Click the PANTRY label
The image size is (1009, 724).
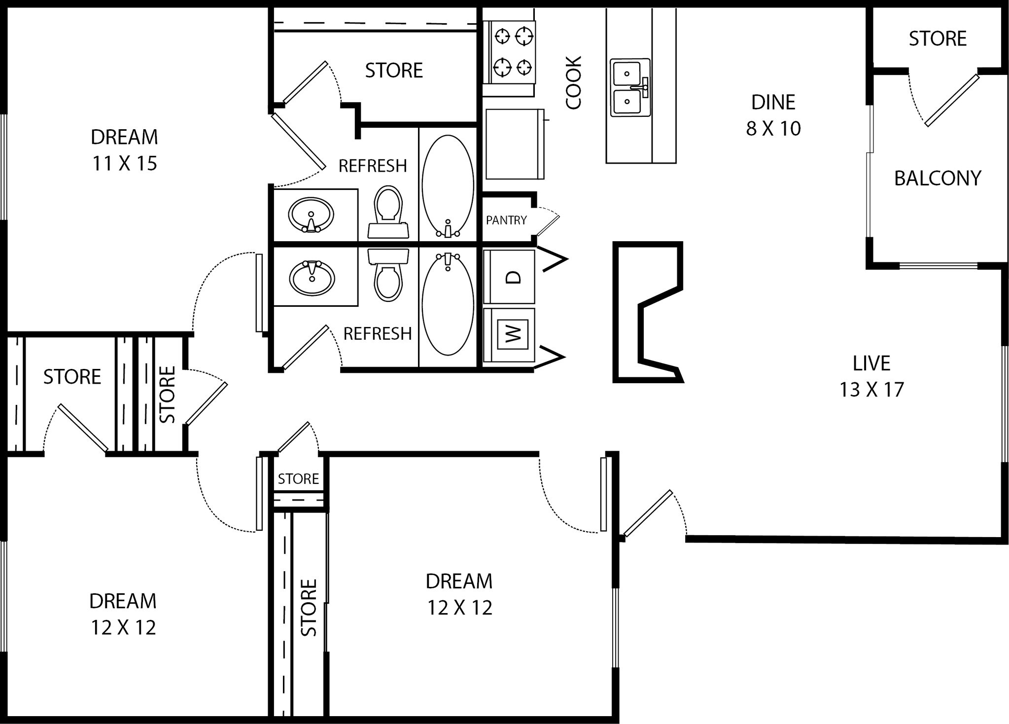tap(506, 220)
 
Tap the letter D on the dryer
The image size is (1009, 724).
tap(514, 277)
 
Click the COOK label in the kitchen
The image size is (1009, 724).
tap(574, 83)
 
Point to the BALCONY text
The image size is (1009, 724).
tap(937, 179)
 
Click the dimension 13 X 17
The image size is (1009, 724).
tap(871, 390)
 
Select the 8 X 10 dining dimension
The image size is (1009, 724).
tap(773, 129)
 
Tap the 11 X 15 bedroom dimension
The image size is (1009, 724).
tap(124, 163)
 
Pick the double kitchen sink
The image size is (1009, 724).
tap(629, 87)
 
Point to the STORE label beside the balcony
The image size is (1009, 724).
tap(937, 38)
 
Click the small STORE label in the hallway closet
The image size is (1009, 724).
tap(298, 479)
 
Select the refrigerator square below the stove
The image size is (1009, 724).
tap(514, 144)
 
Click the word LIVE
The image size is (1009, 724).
tap(871, 363)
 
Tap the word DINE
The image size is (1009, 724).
tap(773, 102)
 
